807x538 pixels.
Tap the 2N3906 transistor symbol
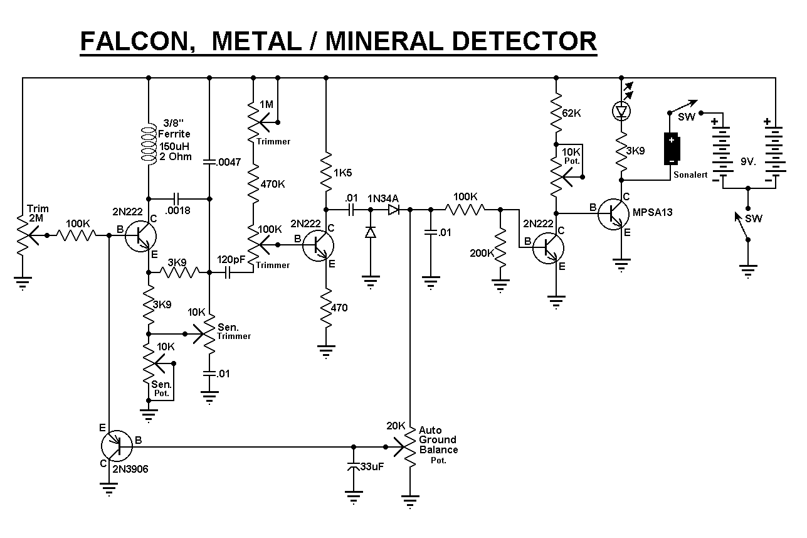point(117,446)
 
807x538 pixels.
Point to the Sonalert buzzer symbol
point(672,148)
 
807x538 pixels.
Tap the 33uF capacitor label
point(374,467)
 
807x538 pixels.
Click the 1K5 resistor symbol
point(325,169)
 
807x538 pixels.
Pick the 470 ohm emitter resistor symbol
point(325,308)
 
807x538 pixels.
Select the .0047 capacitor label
point(229,162)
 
